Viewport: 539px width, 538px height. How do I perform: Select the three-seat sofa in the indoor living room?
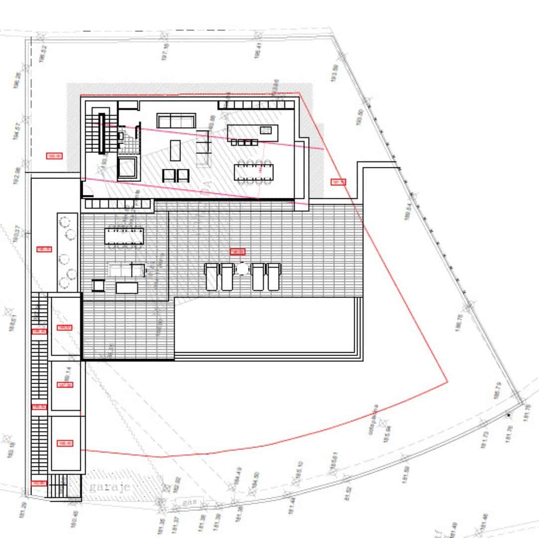[x=175, y=121]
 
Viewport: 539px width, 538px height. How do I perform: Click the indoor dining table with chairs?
[x=254, y=171]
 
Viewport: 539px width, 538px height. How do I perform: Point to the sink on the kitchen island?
[x=266, y=131]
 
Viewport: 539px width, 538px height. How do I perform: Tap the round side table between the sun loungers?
[x=242, y=269]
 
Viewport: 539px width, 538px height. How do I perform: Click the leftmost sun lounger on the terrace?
[x=212, y=276]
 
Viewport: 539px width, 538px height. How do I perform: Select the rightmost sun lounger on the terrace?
[x=273, y=276]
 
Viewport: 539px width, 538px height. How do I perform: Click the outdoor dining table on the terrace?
[x=124, y=236]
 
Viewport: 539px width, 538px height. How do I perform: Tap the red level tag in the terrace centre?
[x=238, y=252]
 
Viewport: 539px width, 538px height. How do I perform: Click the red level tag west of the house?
[x=54, y=156]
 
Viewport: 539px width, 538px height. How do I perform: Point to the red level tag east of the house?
[x=338, y=182]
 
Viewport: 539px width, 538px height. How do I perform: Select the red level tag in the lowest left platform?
[x=65, y=443]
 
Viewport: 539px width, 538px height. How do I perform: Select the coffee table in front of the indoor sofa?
[x=175, y=150]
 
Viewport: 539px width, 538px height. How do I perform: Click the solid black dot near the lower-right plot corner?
[x=508, y=414]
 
